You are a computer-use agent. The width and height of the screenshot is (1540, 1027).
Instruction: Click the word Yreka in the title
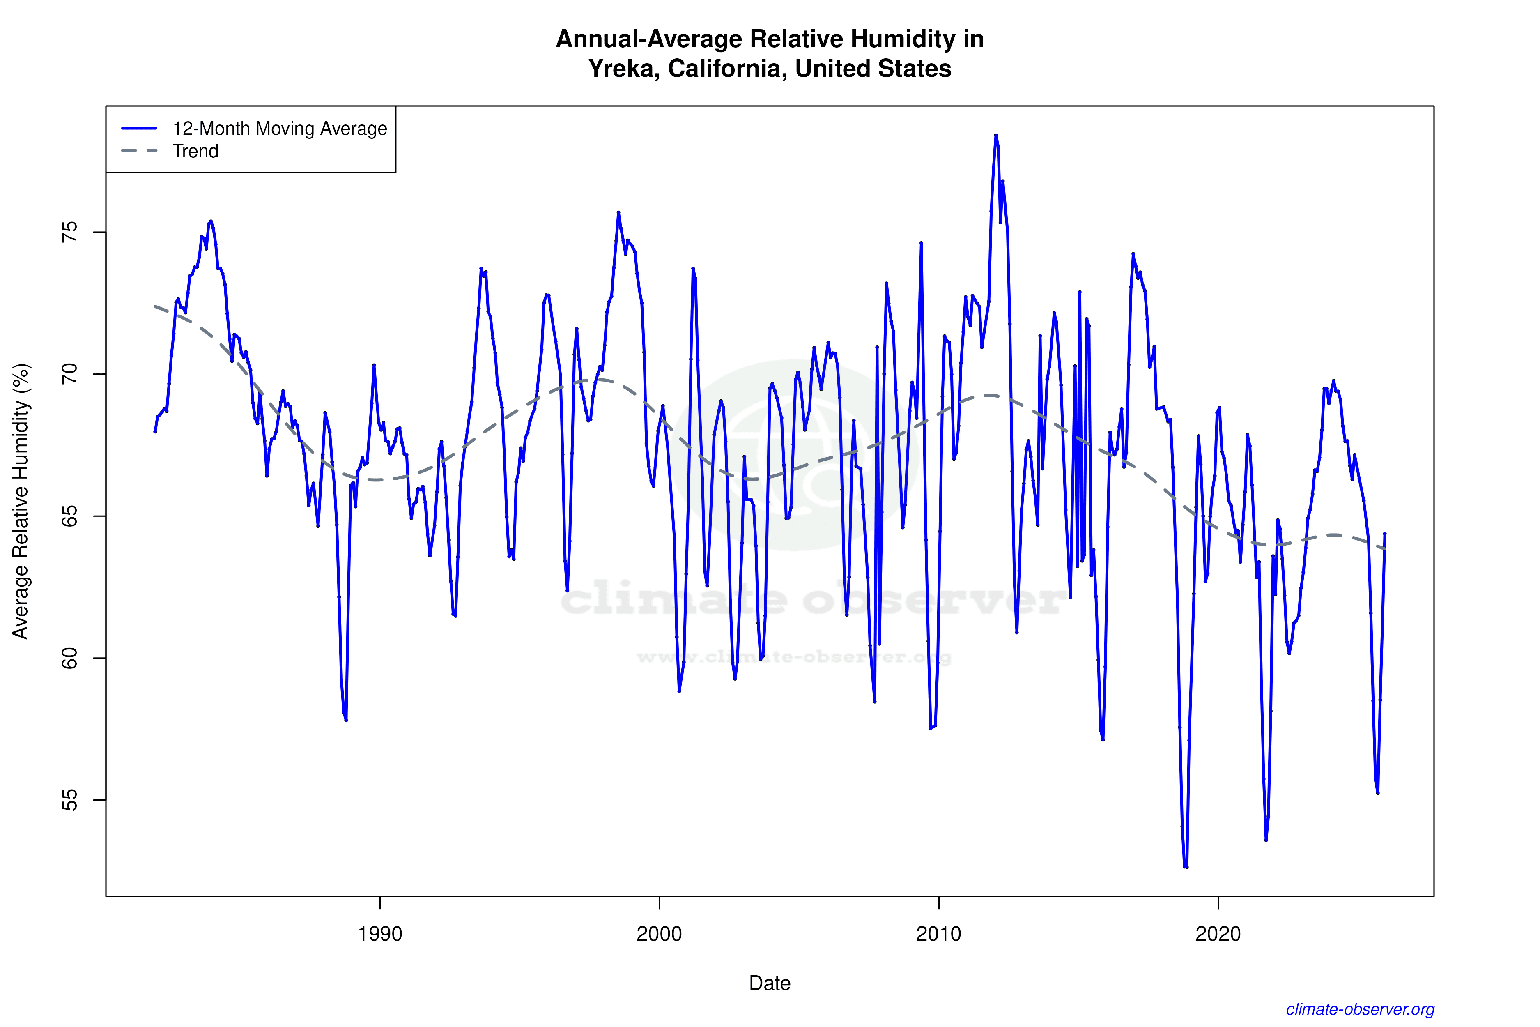pyautogui.click(x=624, y=69)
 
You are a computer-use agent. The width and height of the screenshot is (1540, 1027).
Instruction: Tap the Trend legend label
pyautogui.click(x=195, y=151)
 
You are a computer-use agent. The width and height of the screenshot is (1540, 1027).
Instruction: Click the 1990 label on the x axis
pyautogui.click(x=380, y=933)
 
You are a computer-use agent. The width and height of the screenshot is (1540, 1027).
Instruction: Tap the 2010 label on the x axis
pyautogui.click(x=938, y=933)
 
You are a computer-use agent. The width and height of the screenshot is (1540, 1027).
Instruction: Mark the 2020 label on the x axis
pyautogui.click(x=1218, y=933)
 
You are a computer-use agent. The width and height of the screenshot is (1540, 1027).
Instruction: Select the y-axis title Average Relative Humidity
pyautogui.click(x=21, y=501)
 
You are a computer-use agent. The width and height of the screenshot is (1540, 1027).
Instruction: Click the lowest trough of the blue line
pyautogui.click(x=1185, y=866)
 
